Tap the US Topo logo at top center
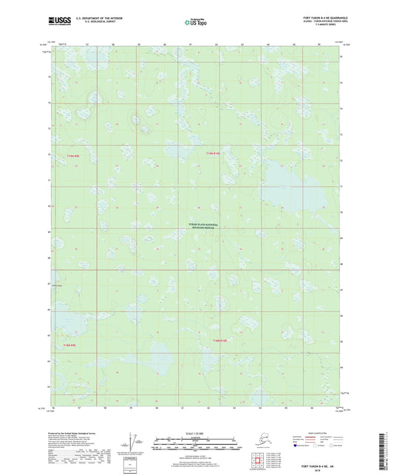click(196, 22)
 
